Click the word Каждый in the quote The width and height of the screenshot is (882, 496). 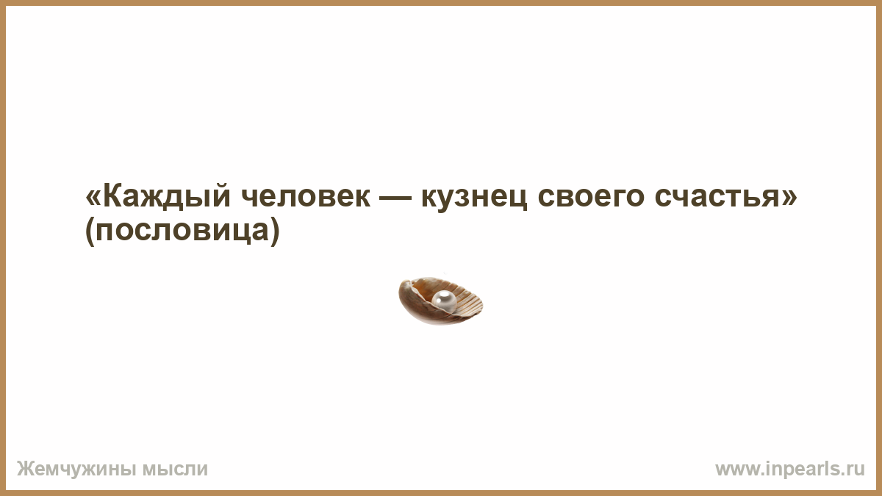167,196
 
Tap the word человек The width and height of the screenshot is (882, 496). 306,196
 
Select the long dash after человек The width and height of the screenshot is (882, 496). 395,198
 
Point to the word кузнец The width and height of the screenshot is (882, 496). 474,199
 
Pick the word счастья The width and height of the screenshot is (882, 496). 717,196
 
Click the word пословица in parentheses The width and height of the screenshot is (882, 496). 182,231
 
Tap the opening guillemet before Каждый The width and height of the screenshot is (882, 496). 94,196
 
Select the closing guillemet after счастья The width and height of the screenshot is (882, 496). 789,196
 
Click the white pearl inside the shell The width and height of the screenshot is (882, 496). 444,301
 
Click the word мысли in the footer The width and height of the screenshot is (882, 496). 175,470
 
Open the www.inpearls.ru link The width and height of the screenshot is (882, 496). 790,470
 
